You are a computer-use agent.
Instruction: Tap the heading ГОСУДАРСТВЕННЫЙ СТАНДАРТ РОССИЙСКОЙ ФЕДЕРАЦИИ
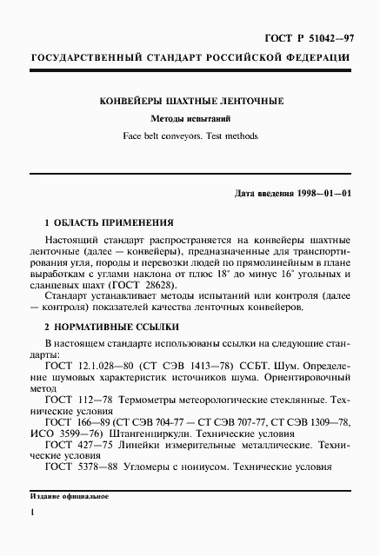pos(190,58)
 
